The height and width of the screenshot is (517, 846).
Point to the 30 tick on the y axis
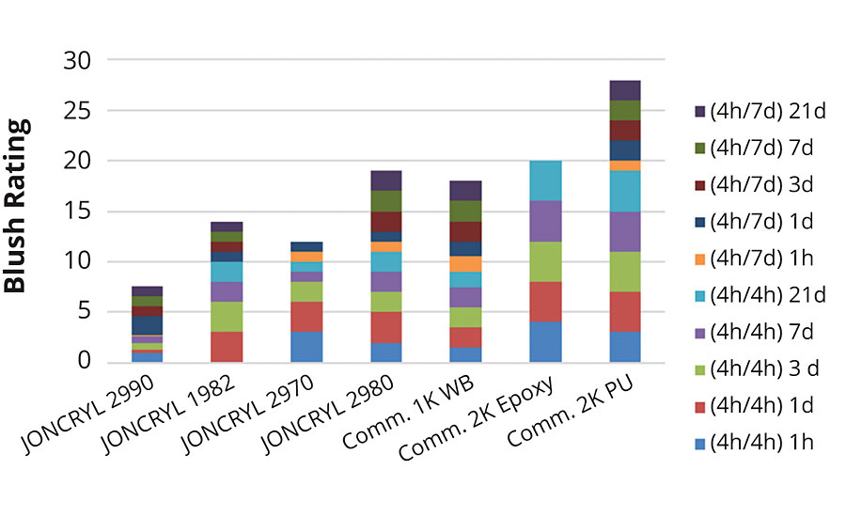[78, 61]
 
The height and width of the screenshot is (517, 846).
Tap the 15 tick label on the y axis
[78, 211]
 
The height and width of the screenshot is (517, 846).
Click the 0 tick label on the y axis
[85, 362]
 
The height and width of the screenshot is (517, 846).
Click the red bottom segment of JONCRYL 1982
[226, 347]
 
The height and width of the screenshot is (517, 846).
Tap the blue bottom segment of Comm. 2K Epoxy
[545, 342]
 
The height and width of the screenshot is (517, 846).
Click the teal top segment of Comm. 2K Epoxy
[545, 181]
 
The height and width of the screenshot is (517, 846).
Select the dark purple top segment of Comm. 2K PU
[625, 90]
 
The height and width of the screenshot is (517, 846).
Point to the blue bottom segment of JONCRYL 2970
[306, 347]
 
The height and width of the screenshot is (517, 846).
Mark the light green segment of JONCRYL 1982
[226, 317]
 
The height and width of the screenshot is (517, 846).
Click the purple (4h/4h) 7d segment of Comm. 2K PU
[625, 232]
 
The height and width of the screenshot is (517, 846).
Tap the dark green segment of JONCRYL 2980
[385, 201]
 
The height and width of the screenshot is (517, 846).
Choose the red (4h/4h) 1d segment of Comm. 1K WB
[465, 337]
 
